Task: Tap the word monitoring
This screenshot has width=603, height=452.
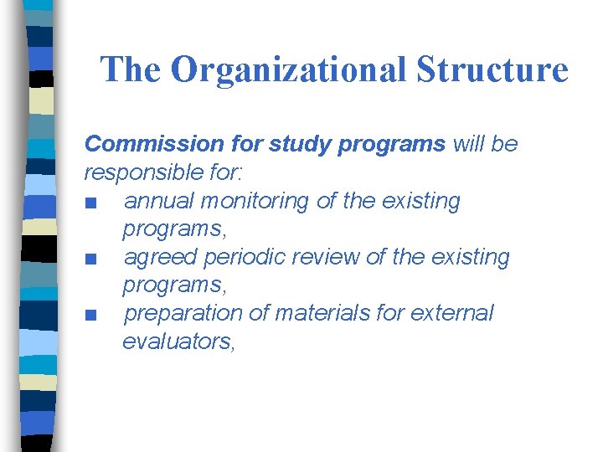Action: tap(246, 201)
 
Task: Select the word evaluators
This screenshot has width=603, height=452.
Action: tap(178, 341)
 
